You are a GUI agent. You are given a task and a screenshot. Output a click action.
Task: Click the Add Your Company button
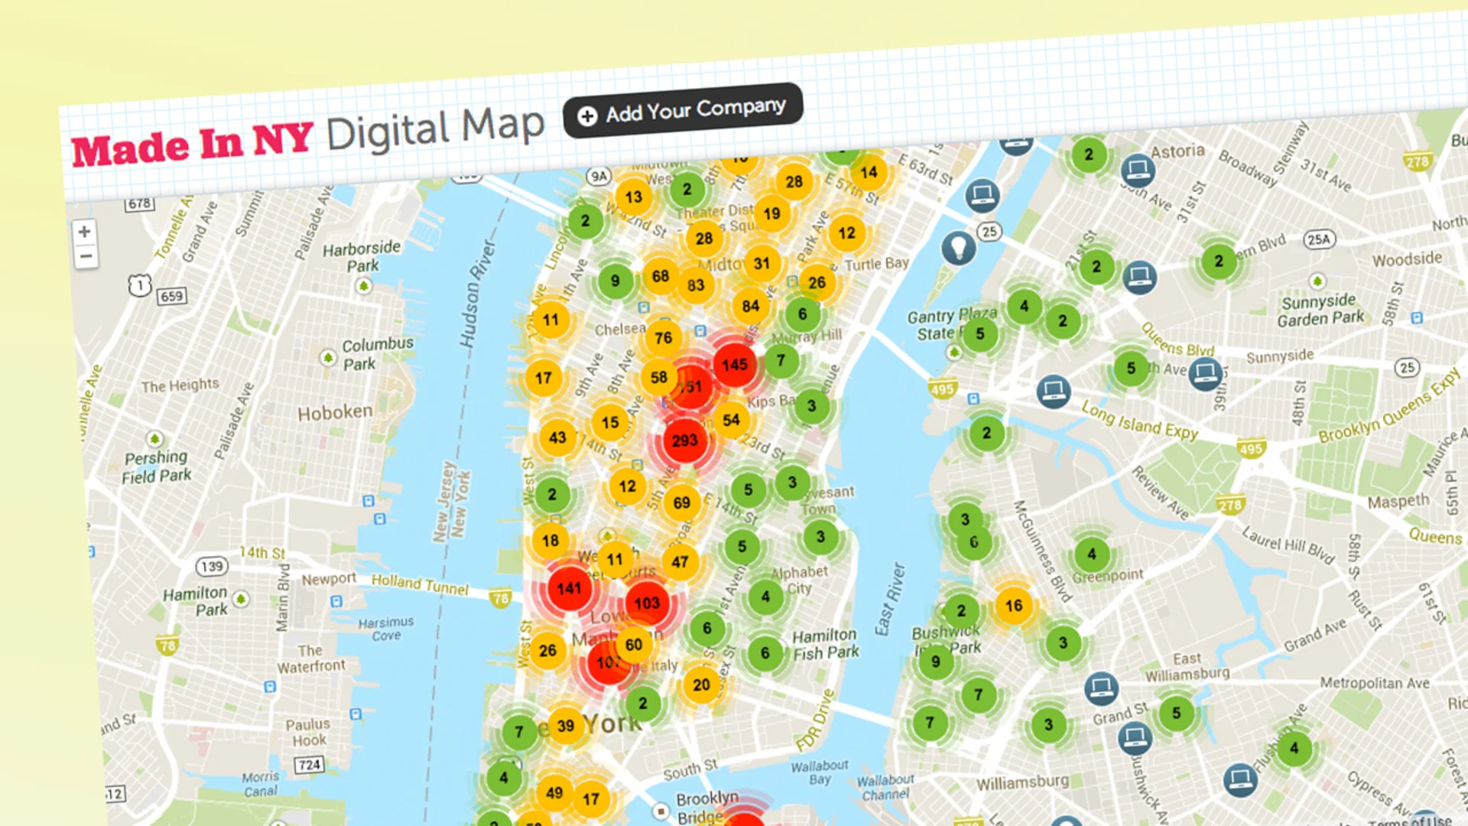click(x=683, y=111)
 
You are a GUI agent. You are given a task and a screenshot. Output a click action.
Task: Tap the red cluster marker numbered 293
click(x=684, y=441)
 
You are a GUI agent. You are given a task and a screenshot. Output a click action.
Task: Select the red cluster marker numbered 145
click(x=734, y=365)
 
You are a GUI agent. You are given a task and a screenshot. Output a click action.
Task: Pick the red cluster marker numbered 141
click(x=569, y=588)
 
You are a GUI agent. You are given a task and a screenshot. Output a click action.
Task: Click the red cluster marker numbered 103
click(x=647, y=603)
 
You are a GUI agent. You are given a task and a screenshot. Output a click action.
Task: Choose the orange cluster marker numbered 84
click(x=750, y=307)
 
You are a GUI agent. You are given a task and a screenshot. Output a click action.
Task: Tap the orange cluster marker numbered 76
click(x=663, y=337)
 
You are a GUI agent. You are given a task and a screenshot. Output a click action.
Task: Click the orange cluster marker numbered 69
click(x=681, y=502)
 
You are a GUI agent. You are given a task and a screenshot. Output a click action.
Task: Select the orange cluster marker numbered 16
click(x=1013, y=606)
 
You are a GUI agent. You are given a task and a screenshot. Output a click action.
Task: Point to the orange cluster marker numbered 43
click(x=557, y=437)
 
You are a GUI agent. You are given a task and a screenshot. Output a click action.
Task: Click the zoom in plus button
click(x=85, y=232)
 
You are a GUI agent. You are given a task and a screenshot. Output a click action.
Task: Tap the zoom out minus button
click(x=86, y=256)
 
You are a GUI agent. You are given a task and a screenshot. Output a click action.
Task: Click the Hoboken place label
click(x=335, y=413)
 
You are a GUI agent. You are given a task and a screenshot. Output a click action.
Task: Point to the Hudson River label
click(x=477, y=294)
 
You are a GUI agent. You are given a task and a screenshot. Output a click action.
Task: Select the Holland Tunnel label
click(x=420, y=585)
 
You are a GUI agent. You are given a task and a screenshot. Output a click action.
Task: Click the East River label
click(x=890, y=600)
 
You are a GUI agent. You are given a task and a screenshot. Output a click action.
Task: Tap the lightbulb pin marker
click(x=957, y=246)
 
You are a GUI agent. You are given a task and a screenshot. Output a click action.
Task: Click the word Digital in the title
click(x=388, y=132)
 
